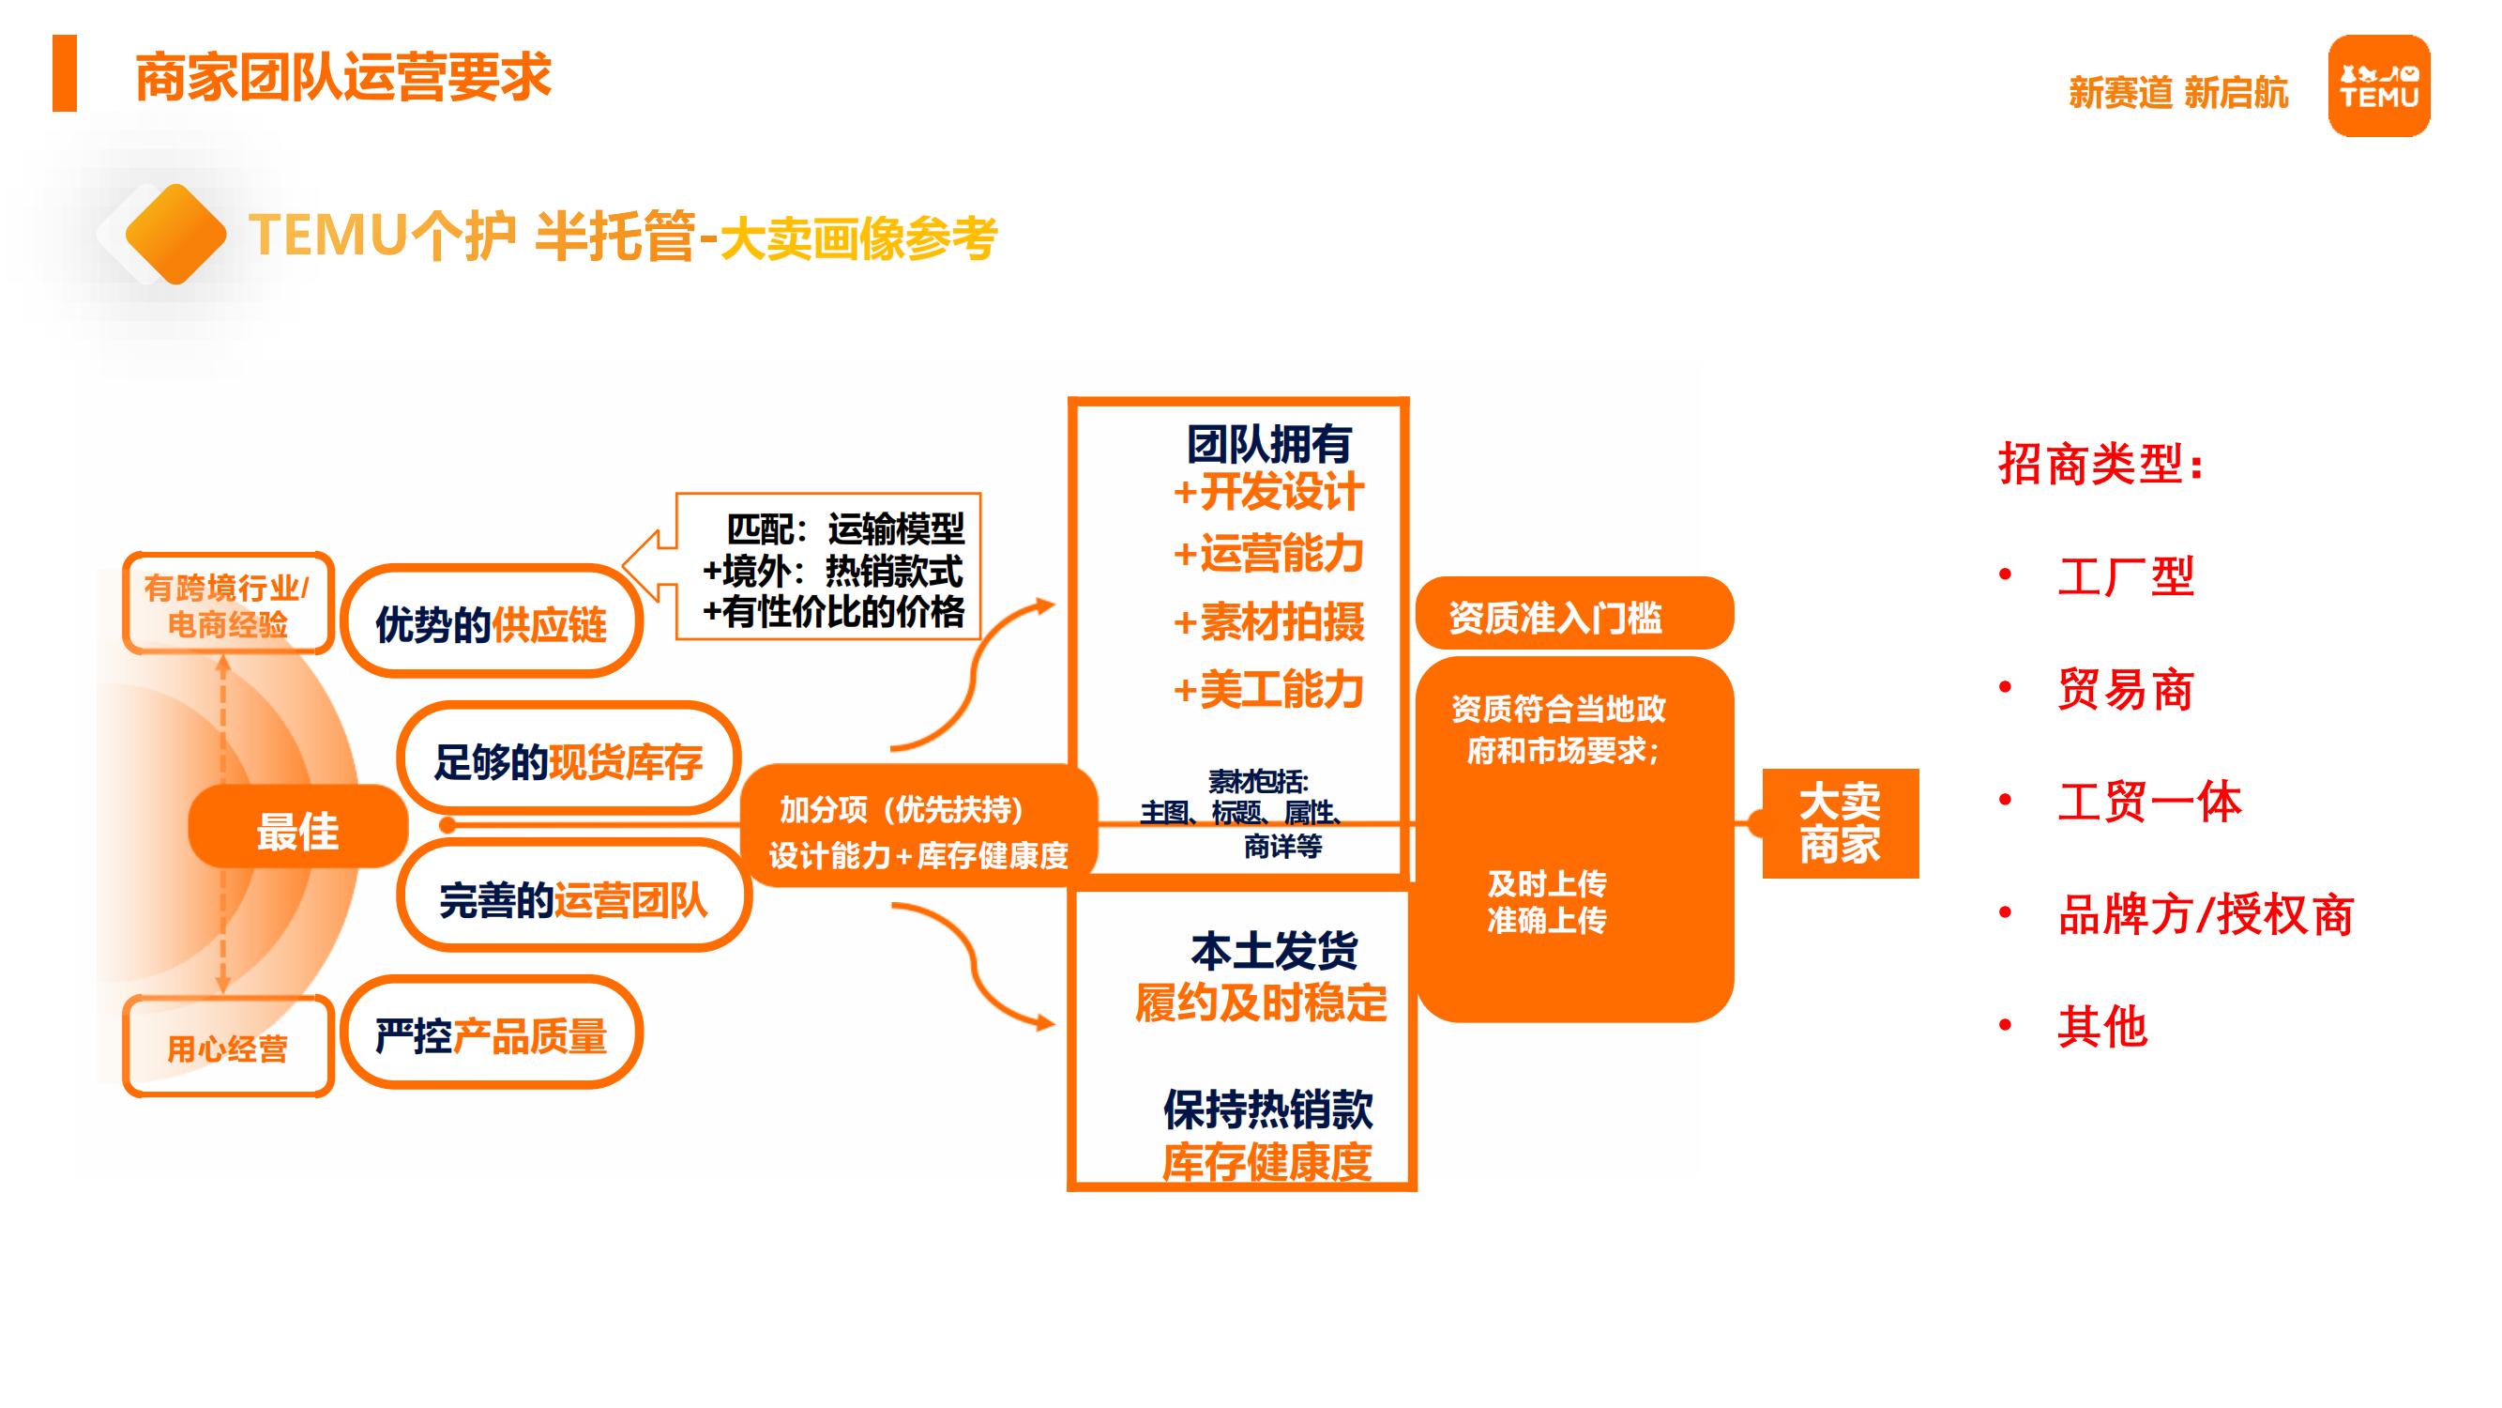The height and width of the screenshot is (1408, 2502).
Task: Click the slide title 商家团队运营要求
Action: coord(342,77)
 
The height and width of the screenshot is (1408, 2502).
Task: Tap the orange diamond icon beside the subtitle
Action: coord(175,234)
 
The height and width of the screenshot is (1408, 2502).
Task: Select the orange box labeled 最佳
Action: coord(297,827)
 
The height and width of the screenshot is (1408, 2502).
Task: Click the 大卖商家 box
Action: coord(1840,823)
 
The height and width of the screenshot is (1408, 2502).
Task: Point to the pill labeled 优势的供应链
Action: coord(491,623)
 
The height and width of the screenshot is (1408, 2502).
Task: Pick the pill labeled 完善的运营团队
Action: coord(573,898)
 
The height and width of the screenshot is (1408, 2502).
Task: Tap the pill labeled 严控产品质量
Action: coord(491,1034)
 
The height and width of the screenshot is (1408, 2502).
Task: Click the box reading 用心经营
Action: coord(228,1048)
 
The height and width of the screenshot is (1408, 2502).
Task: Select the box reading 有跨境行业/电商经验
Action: coord(227,605)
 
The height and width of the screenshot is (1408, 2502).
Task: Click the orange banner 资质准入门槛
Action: coord(1573,615)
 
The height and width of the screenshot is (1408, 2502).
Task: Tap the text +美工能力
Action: coord(1268,689)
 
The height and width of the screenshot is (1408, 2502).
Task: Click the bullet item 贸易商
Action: coord(2125,689)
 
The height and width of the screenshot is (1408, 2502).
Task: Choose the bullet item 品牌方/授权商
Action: coord(2205,914)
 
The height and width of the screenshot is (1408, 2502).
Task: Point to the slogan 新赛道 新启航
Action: coord(2177,93)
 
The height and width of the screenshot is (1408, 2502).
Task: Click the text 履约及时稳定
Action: coord(1261,1002)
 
